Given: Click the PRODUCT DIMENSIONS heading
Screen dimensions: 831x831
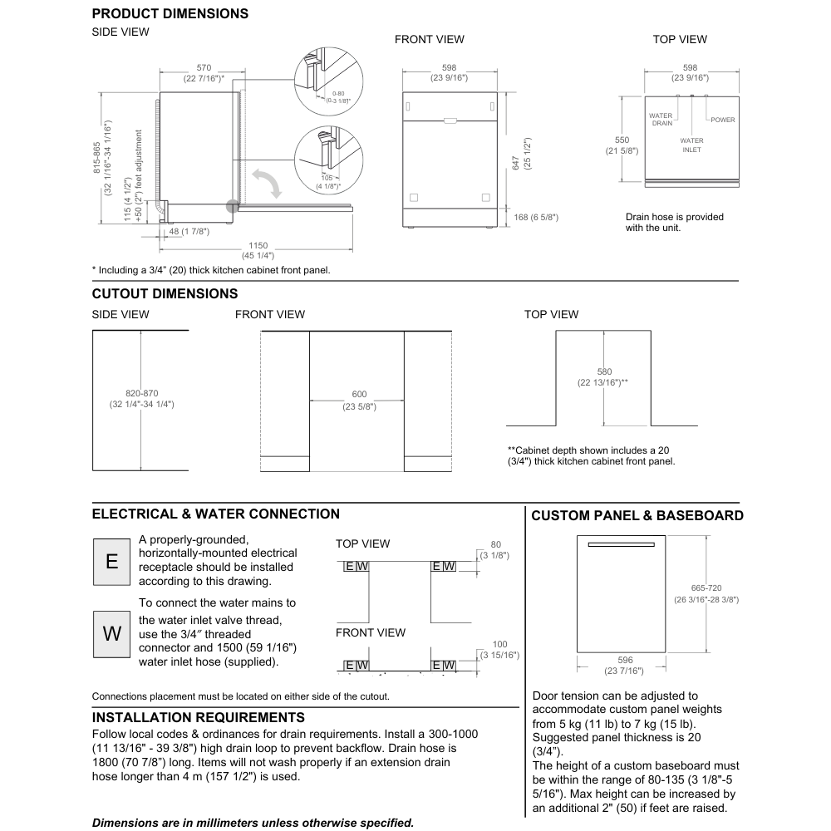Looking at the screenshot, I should [x=170, y=14].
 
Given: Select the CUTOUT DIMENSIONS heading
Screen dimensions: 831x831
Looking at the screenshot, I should [x=165, y=294].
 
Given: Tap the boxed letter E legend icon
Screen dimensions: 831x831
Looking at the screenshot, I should [x=111, y=561].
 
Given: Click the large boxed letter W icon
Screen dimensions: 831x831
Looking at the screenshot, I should [x=111, y=633].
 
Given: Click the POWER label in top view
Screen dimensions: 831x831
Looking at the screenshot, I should [x=722, y=120].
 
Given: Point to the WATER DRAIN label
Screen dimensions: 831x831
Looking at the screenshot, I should [x=661, y=120].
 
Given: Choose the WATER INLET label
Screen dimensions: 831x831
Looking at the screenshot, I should [x=691, y=145].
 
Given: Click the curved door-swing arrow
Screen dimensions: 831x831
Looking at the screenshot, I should [x=267, y=179].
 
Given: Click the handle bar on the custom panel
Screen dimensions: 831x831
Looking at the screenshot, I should [x=619, y=545].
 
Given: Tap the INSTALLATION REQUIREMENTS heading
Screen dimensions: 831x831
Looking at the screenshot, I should [x=198, y=717].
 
